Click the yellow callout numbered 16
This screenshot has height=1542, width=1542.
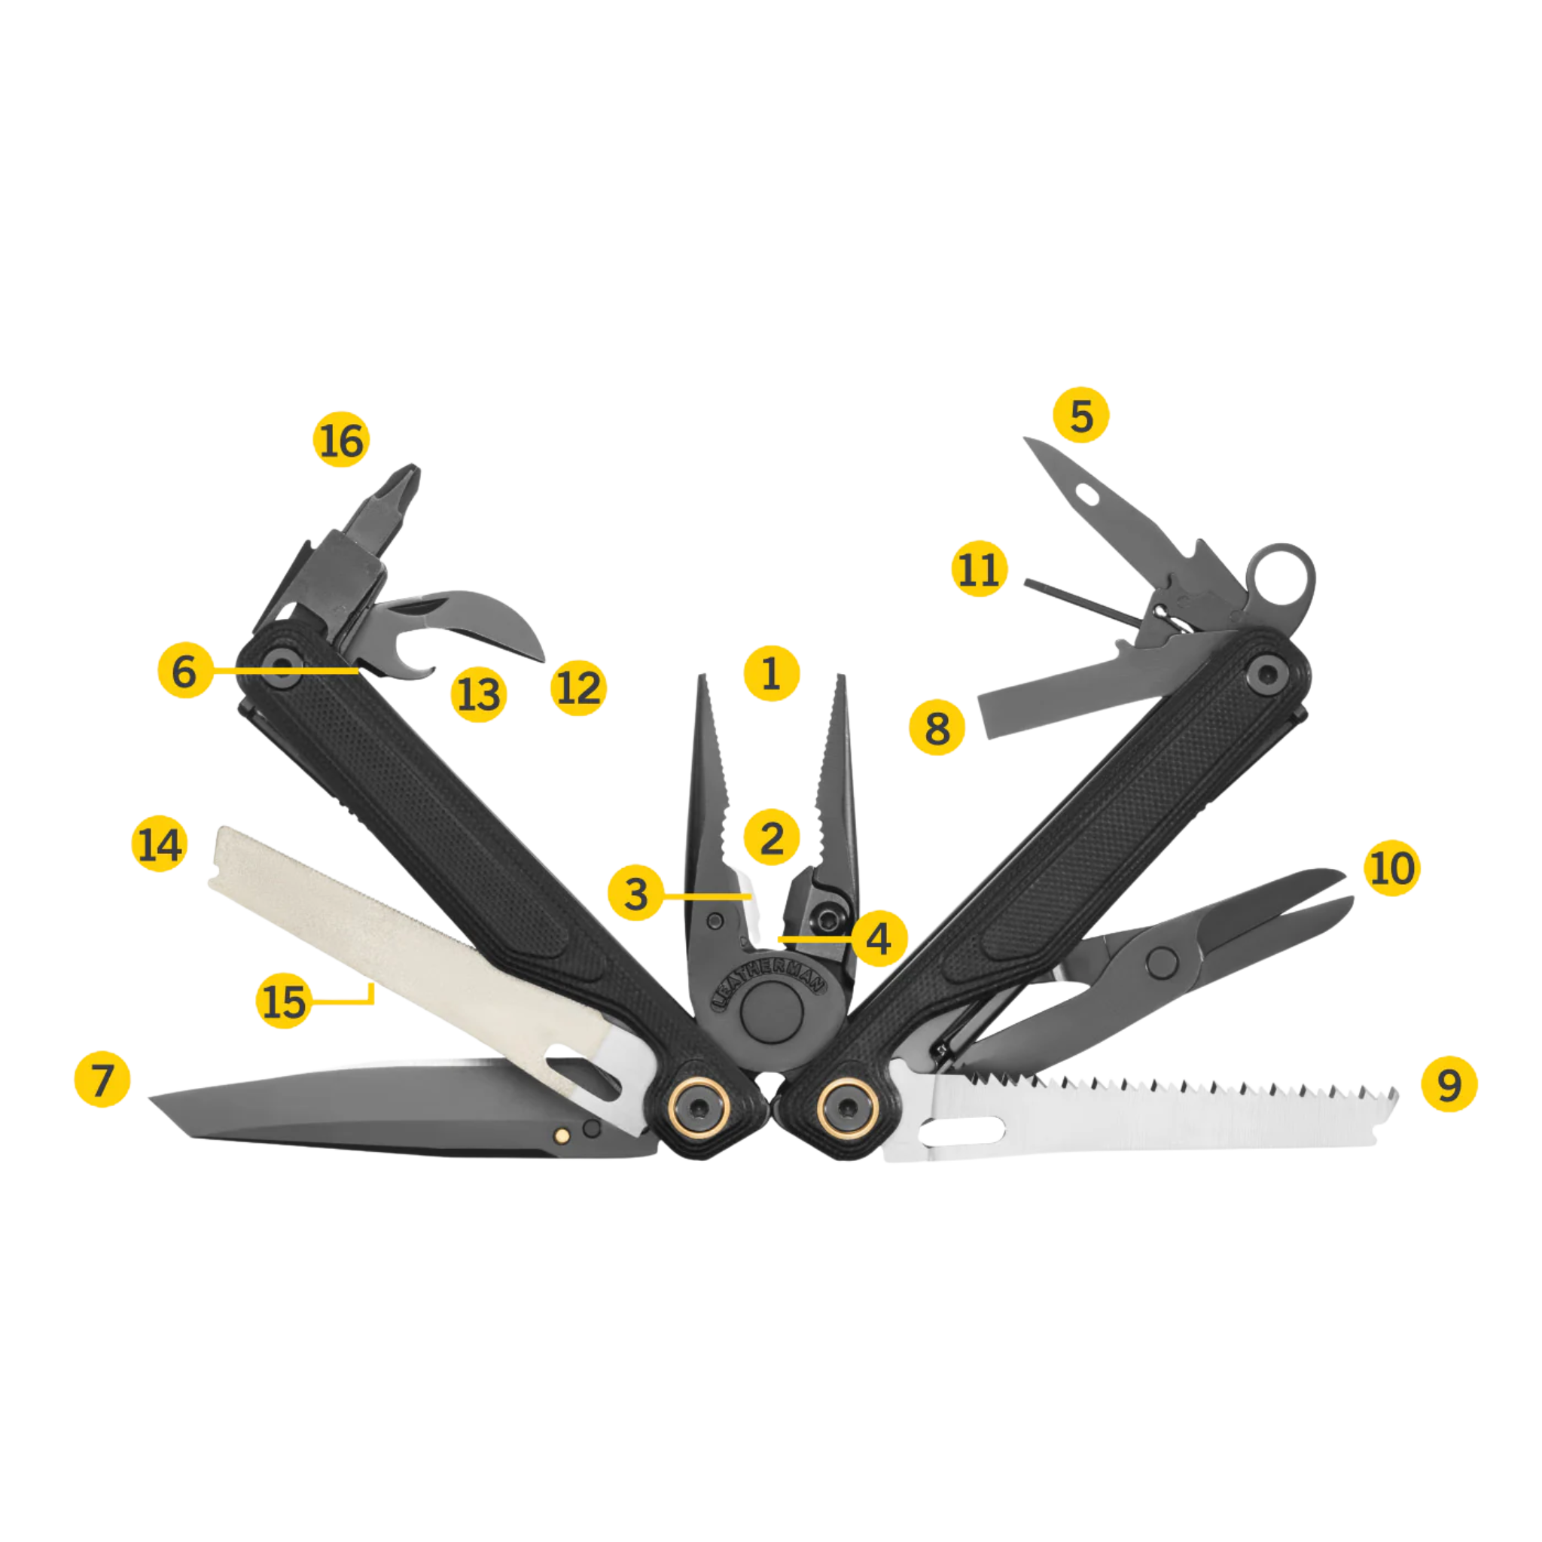342,440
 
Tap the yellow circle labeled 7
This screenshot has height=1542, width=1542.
102,1080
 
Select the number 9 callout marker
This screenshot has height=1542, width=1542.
1449,1084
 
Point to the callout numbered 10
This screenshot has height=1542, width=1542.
1393,867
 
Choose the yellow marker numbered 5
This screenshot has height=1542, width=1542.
1081,414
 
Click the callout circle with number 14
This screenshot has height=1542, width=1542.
160,843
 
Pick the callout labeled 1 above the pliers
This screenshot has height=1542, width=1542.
771,673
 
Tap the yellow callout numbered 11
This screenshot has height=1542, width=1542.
980,569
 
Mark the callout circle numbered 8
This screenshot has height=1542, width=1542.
938,727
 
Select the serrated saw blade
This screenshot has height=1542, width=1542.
1141,1114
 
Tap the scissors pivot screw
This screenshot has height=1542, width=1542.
1161,963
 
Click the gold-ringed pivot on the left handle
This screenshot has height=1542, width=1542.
699,1105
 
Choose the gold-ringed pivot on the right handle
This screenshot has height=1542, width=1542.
847,1106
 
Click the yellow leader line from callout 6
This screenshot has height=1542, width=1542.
285,670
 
